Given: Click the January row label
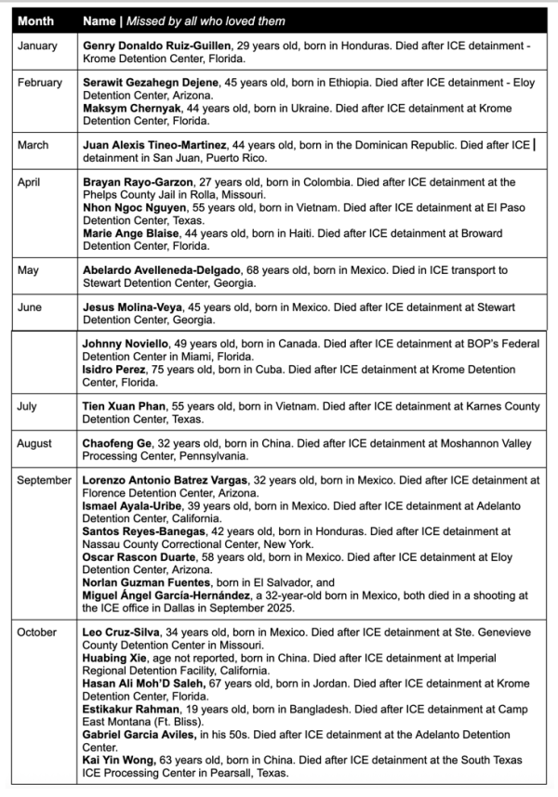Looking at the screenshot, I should point(37,45).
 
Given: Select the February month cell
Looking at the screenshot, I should point(40,83).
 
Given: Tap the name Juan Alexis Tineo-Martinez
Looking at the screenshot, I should point(154,146).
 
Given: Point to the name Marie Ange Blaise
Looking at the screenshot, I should point(127,234).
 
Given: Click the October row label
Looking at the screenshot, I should point(37,633).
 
